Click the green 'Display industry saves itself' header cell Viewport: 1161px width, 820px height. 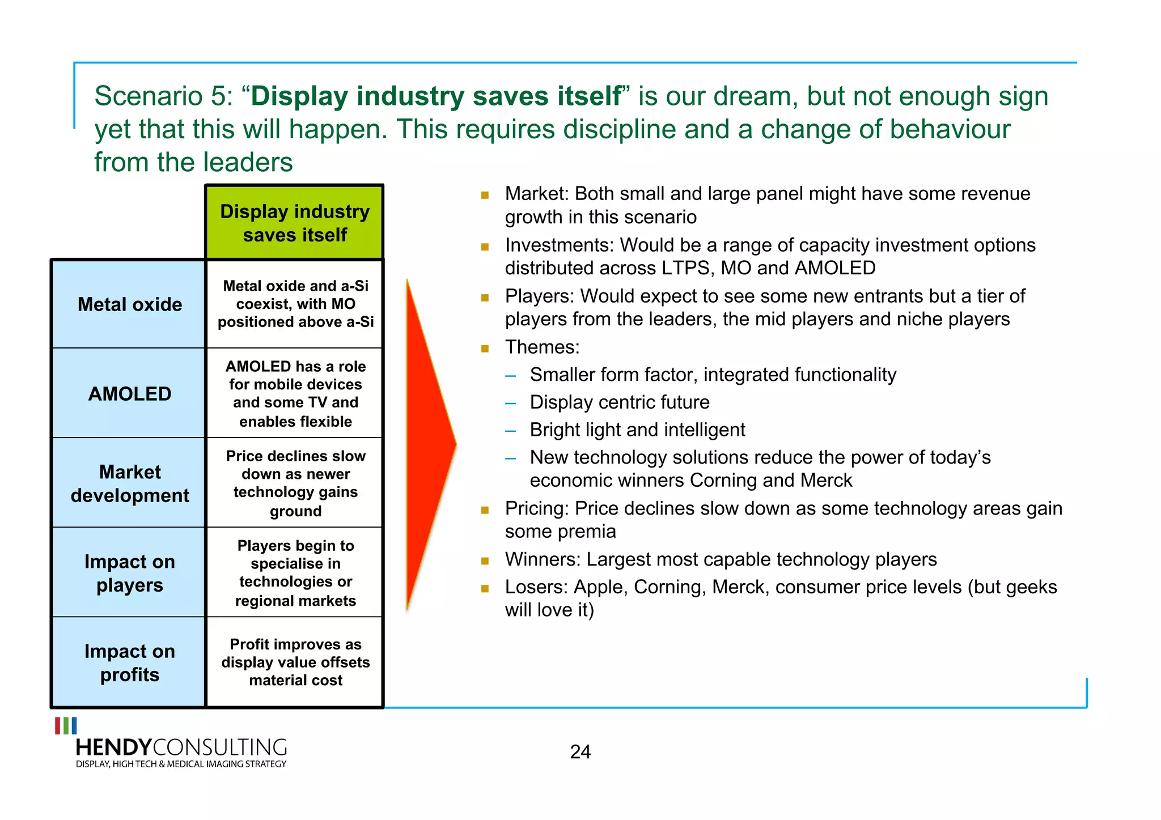pos(295,223)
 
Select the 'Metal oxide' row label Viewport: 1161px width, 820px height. pos(130,304)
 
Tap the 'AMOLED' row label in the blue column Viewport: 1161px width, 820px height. pos(130,394)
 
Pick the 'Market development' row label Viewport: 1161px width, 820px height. pos(130,483)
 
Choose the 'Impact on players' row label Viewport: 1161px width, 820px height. pos(130,573)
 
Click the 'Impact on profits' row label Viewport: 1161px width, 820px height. pos(130,662)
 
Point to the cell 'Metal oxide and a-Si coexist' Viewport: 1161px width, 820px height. pos(295,304)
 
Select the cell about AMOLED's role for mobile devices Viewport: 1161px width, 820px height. pos(295,393)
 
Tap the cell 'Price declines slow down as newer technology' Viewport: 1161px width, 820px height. pos(295,483)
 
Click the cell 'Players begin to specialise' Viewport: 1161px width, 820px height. pos(295,572)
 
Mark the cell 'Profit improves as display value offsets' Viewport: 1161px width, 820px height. pos(295,662)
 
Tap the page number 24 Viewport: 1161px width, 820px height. pos(580,752)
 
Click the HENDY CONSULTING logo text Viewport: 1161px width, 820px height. pos(181,747)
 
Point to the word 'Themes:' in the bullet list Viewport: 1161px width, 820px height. pos(542,347)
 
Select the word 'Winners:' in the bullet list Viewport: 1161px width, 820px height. pos(543,559)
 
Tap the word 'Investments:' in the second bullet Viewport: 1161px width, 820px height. pos(559,245)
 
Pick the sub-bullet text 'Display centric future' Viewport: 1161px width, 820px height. pos(620,402)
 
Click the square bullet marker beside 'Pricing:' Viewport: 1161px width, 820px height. pos(485,510)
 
